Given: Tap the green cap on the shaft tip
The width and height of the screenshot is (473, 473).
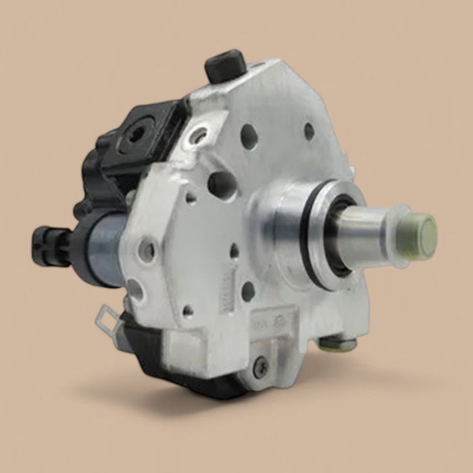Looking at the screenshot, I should point(423,236).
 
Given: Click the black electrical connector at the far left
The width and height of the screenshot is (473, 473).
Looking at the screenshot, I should point(46,245).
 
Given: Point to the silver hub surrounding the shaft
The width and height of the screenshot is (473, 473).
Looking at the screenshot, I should point(284,223).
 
